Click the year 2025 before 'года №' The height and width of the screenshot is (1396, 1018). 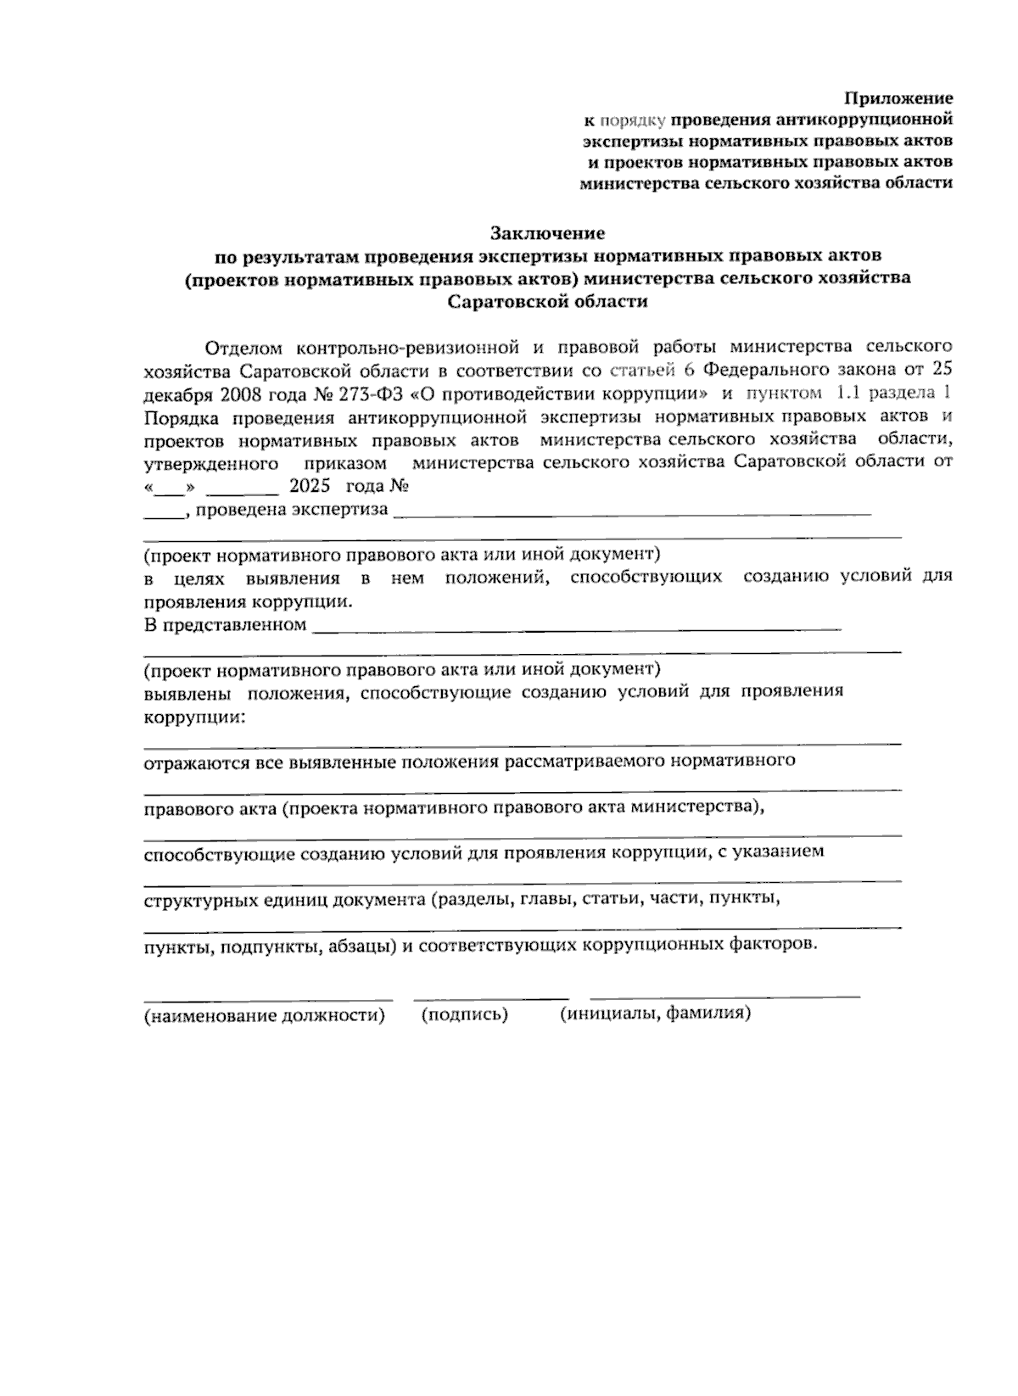click(x=308, y=487)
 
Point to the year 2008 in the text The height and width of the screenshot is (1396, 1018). click(x=243, y=394)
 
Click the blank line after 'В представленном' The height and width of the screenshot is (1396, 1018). click(x=577, y=628)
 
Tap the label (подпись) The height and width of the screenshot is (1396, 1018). click(x=464, y=1014)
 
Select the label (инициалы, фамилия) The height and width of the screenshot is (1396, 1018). click(x=655, y=1013)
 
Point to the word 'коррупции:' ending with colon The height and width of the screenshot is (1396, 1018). click(x=194, y=717)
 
